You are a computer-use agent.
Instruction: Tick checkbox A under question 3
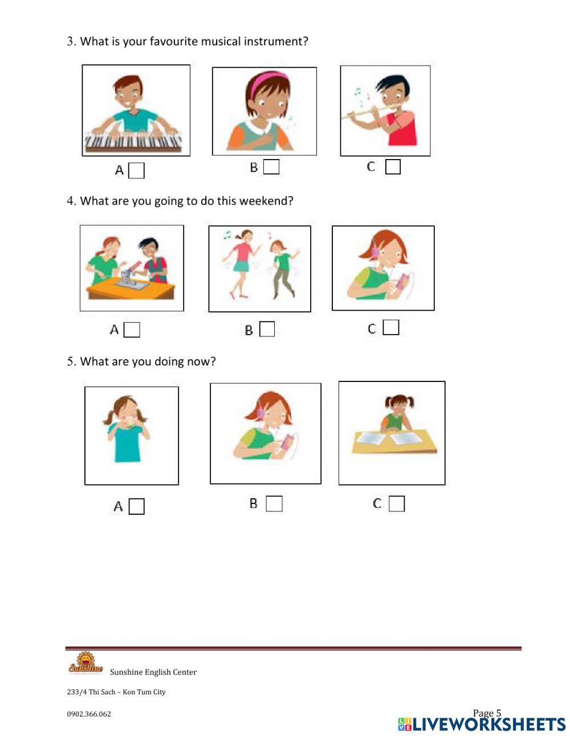(x=136, y=170)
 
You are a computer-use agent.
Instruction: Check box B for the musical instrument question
(x=271, y=167)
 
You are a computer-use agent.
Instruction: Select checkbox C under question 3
(x=393, y=166)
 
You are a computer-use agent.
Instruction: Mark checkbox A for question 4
(x=132, y=330)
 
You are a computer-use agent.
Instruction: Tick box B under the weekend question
(x=267, y=329)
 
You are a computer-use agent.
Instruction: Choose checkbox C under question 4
(x=391, y=327)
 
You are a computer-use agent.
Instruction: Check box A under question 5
(x=136, y=506)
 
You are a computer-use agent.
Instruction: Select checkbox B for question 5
(x=274, y=504)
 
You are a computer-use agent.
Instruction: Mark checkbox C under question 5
(x=397, y=504)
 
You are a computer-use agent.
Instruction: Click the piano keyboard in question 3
(x=133, y=141)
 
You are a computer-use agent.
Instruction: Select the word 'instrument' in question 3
(x=276, y=42)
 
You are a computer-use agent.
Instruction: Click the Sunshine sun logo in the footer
(x=85, y=663)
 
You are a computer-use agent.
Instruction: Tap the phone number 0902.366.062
(x=89, y=714)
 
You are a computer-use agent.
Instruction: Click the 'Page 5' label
(x=487, y=713)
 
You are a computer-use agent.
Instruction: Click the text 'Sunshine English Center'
(x=153, y=672)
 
